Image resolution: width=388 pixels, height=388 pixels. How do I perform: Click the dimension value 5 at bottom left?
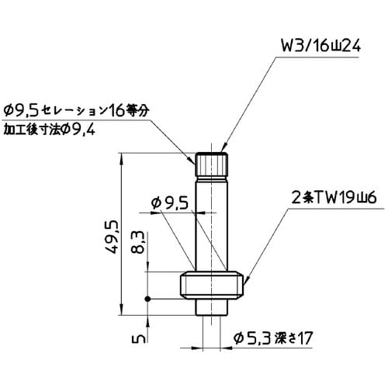135,339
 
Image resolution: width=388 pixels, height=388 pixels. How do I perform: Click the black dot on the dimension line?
147,300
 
